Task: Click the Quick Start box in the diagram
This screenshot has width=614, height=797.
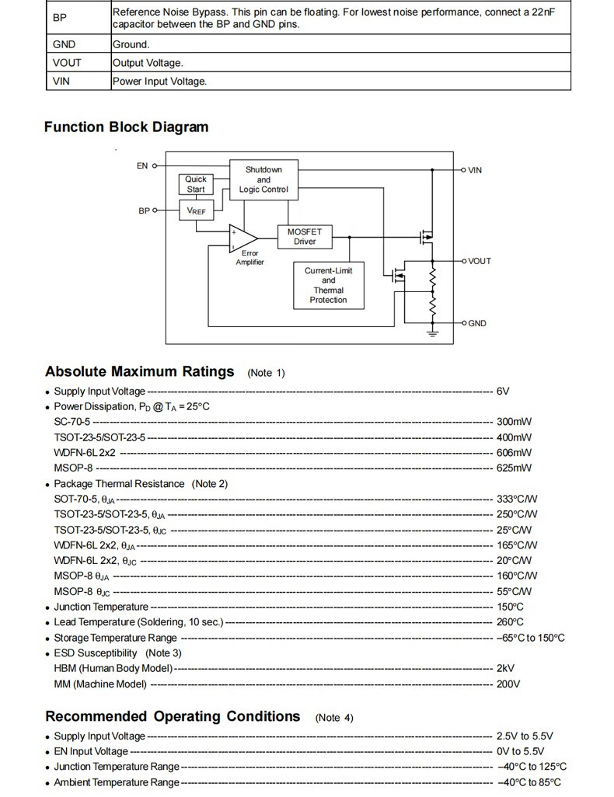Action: point(196,184)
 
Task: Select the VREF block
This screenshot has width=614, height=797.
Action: point(197,211)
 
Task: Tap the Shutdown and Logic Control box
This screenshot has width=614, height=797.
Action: point(263,179)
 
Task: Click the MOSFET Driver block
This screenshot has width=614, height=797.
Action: point(305,236)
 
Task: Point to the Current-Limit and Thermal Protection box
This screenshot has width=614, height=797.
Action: point(329,285)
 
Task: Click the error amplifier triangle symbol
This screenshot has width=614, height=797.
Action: point(243,238)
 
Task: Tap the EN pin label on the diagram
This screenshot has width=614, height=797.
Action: point(142,165)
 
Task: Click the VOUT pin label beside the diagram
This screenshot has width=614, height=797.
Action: point(480,261)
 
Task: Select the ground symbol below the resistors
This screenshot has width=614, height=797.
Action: point(432,333)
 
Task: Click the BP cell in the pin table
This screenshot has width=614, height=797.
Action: point(60,18)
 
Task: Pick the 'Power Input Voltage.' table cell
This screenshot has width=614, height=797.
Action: point(341,82)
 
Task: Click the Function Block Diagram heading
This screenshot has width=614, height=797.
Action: point(126,127)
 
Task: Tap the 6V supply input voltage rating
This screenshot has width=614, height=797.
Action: point(503,392)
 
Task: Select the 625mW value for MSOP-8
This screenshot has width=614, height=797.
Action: point(514,468)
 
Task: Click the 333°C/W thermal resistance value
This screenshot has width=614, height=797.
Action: point(517,499)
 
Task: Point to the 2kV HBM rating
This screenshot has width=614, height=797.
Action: point(505,668)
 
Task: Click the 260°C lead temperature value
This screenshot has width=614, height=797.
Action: point(510,622)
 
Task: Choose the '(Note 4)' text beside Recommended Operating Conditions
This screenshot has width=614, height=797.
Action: point(334,718)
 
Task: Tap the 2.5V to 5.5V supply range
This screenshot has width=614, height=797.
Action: point(525,736)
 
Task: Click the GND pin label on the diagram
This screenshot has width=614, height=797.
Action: point(477,323)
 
